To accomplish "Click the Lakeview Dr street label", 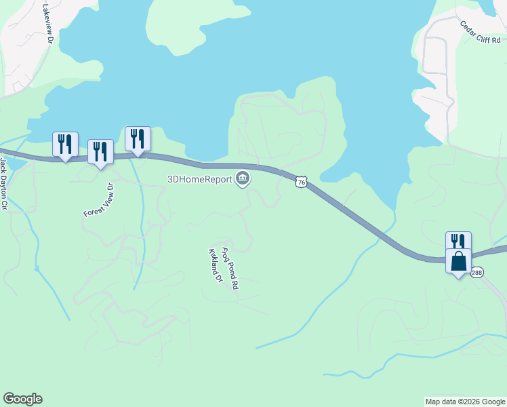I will (47, 25).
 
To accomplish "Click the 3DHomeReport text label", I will (200, 179).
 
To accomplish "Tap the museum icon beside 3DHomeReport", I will (243, 179).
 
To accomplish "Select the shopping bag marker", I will (458, 261).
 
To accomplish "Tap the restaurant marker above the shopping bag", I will (458, 241).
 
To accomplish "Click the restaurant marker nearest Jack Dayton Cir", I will (65, 144).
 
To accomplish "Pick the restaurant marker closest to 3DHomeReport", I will (138, 138).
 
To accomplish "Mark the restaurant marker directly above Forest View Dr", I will (100, 151).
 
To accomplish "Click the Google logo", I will (22, 399).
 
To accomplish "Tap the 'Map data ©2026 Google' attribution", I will (465, 402).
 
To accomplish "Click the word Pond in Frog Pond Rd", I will (230, 269).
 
